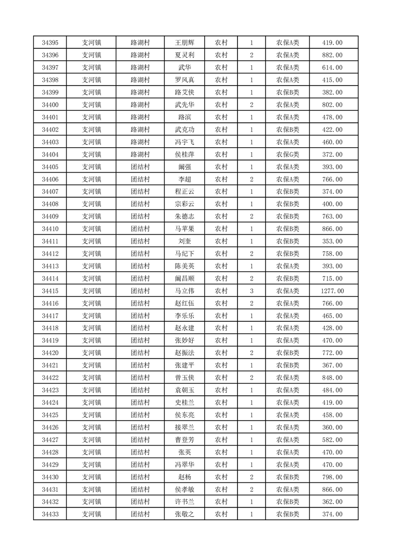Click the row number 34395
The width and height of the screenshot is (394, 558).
pos(50,43)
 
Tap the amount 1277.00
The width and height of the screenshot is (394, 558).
pos(333,291)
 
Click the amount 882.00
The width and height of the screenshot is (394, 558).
pos(333,55)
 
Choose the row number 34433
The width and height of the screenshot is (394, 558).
pos(50,514)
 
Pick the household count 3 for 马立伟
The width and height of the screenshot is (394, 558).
pos(251,291)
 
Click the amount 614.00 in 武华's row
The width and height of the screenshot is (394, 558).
pos(333,68)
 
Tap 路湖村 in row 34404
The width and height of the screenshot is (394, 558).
pos(141,155)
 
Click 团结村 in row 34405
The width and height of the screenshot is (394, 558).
pos(141,167)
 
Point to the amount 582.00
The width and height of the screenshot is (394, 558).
pos(333,440)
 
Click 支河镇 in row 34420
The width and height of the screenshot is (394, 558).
pos(91,353)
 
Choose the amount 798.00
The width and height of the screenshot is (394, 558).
pos(333,477)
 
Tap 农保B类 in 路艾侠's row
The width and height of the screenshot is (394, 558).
pos(287,93)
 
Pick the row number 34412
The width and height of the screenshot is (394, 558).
pos(50,254)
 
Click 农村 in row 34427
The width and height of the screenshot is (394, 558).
pos(221,440)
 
